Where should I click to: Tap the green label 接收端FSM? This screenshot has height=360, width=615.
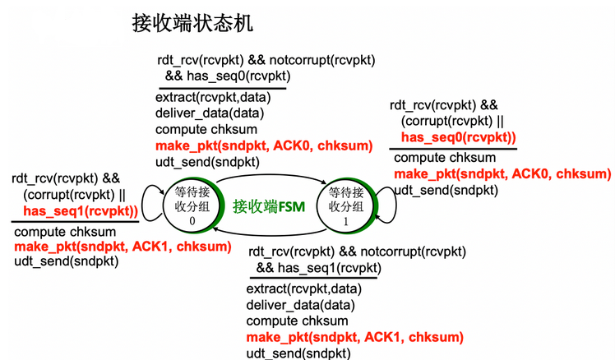(269, 205)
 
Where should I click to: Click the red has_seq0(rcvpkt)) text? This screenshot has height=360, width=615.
(459, 137)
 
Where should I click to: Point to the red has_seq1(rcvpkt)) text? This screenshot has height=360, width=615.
(81, 210)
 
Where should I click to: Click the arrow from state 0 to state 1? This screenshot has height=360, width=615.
(271, 177)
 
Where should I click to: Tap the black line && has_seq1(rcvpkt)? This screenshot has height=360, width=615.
(319, 268)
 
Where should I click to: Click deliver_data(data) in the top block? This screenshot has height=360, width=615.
(210, 113)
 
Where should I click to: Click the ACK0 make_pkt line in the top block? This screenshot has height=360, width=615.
(263, 145)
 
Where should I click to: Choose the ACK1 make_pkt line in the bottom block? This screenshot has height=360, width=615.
(354, 337)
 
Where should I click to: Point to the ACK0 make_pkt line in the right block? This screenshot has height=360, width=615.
(502, 173)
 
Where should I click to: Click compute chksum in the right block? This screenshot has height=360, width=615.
(445, 158)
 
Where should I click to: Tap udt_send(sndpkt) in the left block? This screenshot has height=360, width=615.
(67, 261)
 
